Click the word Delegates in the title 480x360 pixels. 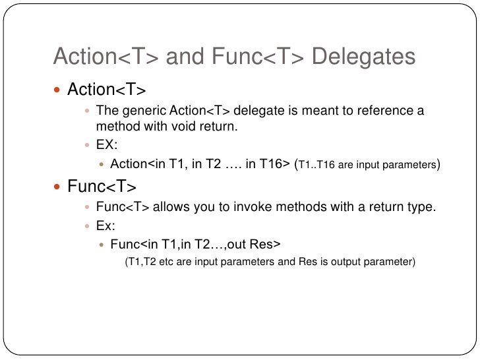tap(363, 58)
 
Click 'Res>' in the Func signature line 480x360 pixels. tap(266, 245)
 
